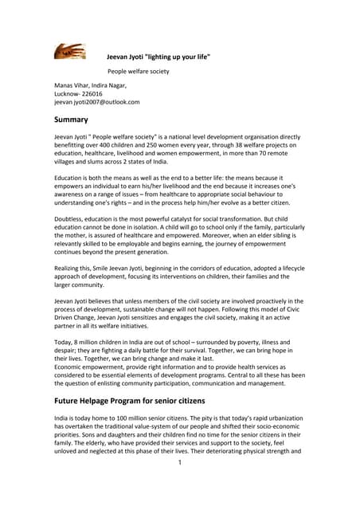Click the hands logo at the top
[70, 52]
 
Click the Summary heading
[71, 120]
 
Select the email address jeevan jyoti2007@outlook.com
[96, 102]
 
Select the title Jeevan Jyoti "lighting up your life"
[158, 56]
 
